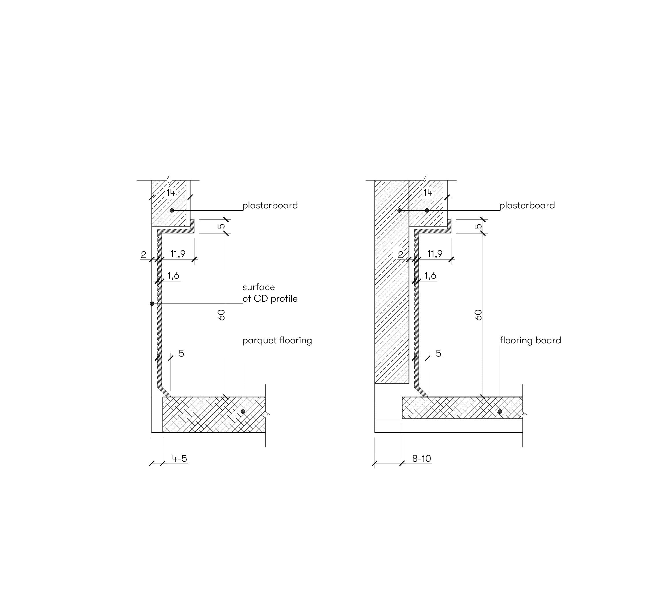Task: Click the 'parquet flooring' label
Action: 277,341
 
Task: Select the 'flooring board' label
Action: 530,341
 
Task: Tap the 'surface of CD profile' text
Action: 270,293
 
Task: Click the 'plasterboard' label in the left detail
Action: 270,205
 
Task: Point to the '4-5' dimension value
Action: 179,459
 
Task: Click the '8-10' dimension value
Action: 421,459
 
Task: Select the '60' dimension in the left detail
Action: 222,315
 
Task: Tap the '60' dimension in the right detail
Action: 479,315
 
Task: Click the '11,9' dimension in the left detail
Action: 178,254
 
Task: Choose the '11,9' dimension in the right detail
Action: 435,254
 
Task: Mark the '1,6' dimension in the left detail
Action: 173,276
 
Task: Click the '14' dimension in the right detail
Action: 428,192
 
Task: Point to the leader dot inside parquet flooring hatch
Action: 243,411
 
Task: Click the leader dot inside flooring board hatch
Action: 500,411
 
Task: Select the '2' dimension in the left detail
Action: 143,255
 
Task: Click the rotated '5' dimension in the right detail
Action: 479,226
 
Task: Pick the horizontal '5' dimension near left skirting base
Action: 181,353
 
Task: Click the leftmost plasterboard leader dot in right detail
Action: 399,210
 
